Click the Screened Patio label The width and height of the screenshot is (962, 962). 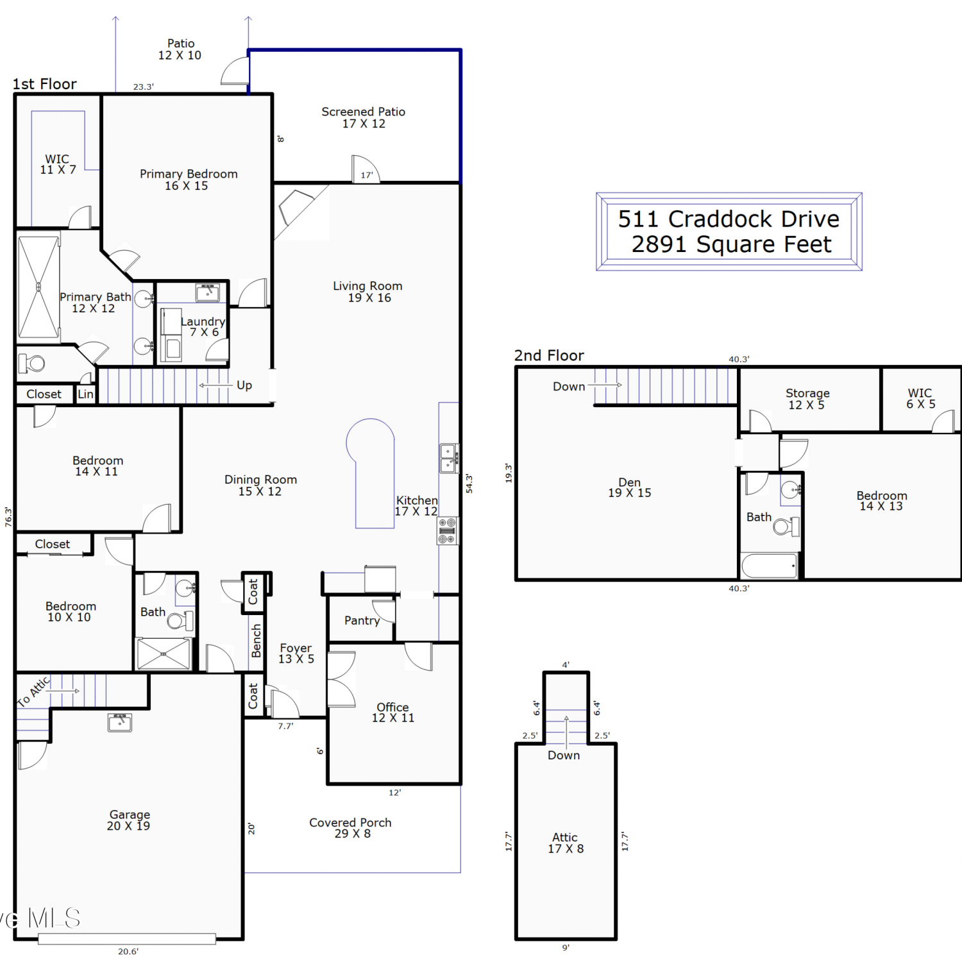tap(364, 117)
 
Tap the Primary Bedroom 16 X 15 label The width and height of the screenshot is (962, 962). tap(189, 180)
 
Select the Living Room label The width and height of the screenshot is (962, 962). tap(368, 292)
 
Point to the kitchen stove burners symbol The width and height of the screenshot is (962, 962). tap(448, 531)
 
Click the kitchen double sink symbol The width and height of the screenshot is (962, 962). tap(449, 458)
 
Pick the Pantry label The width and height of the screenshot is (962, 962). tap(362, 621)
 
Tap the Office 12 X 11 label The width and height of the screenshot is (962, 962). tap(393, 713)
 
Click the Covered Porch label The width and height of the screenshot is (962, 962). tap(350, 828)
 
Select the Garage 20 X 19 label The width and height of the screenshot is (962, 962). tap(129, 820)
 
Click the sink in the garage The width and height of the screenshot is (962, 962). tap(120, 722)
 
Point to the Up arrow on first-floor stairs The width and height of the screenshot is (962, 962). tap(215, 385)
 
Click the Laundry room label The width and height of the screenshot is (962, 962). tap(203, 326)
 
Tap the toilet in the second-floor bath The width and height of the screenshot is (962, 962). tap(787, 527)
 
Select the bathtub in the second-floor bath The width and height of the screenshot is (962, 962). tap(770, 566)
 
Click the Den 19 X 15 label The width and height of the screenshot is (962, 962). tap(630, 487)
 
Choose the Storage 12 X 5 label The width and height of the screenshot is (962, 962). tap(807, 399)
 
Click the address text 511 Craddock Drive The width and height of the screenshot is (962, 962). tap(729, 219)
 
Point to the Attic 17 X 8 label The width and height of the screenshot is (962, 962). tap(565, 843)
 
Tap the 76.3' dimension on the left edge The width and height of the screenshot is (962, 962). tap(8, 517)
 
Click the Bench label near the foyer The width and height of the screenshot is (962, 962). tap(257, 641)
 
